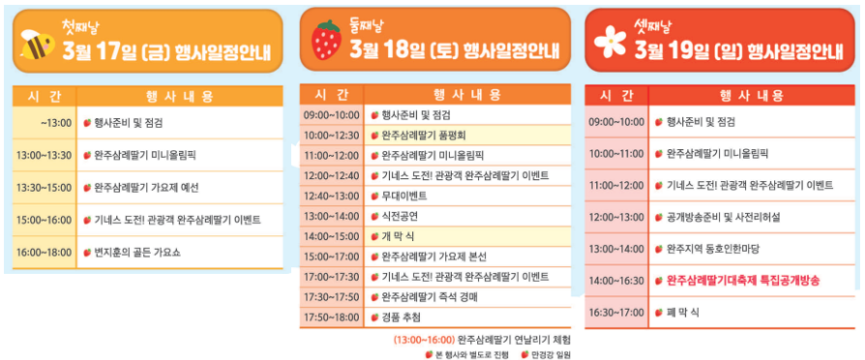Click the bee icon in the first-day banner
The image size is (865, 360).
[39, 44]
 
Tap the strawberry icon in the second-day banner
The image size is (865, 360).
[326, 41]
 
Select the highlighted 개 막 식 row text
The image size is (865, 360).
[389, 235]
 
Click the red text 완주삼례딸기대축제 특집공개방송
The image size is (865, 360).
[743, 280]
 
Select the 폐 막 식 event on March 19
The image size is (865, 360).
[683, 312]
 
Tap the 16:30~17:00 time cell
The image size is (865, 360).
[616, 312]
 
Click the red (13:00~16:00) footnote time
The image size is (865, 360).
[424, 340]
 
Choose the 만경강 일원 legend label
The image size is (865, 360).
[551, 354]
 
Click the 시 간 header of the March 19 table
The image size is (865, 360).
[616, 95]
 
